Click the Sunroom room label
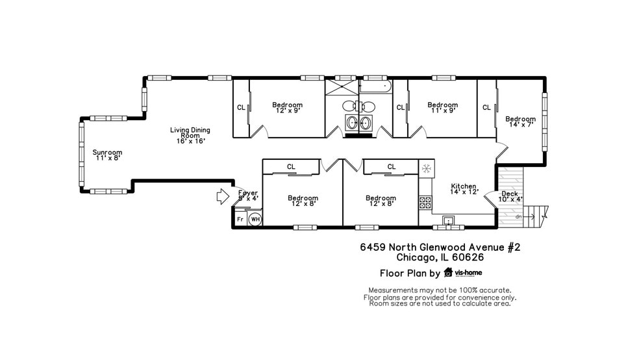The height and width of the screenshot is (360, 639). click(x=107, y=155)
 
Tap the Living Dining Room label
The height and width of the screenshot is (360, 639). click(x=190, y=135)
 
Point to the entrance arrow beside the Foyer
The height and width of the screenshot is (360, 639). click(x=223, y=196)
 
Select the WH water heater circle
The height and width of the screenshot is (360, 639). click(x=255, y=219)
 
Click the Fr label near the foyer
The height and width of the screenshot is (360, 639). click(x=240, y=220)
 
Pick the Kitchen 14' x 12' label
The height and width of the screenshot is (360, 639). click(x=464, y=189)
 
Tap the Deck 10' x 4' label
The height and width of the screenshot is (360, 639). click(x=510, y=196)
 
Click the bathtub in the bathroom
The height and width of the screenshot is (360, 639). click(x=375, y=86)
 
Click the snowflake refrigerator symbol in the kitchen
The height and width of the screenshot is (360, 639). click(x=427, y=168)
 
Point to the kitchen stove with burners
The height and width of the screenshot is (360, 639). click(x=426, y=202)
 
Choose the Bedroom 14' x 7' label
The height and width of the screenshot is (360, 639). click(x=520, y=122)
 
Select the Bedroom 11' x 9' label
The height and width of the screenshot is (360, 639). click(x=442, y=107)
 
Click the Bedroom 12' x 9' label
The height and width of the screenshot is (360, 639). click(x=287, y=107)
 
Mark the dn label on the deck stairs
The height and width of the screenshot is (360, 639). click(x=518, y=217)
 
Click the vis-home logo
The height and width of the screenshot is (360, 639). click(x=463, y=273)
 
